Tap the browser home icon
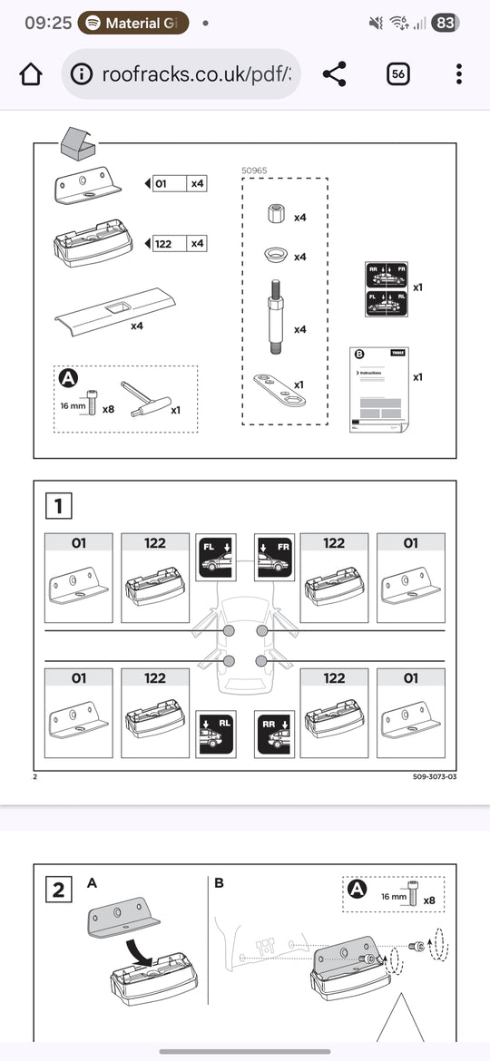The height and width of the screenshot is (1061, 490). (x=31, y=74)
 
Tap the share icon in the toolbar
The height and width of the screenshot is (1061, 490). (x=334, y=74)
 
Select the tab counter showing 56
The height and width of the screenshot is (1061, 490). (x=397, y=74)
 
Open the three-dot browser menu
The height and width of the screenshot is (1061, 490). (x=459, y=74)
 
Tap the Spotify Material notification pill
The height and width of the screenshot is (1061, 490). (x=132, y=23)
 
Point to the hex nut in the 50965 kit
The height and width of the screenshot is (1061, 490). (x=280, y=216)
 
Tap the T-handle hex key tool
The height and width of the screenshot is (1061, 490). (x=148, y=401)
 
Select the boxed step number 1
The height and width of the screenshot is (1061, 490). (x=59, y=505)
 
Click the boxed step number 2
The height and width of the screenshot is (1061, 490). (x=59, y=889)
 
